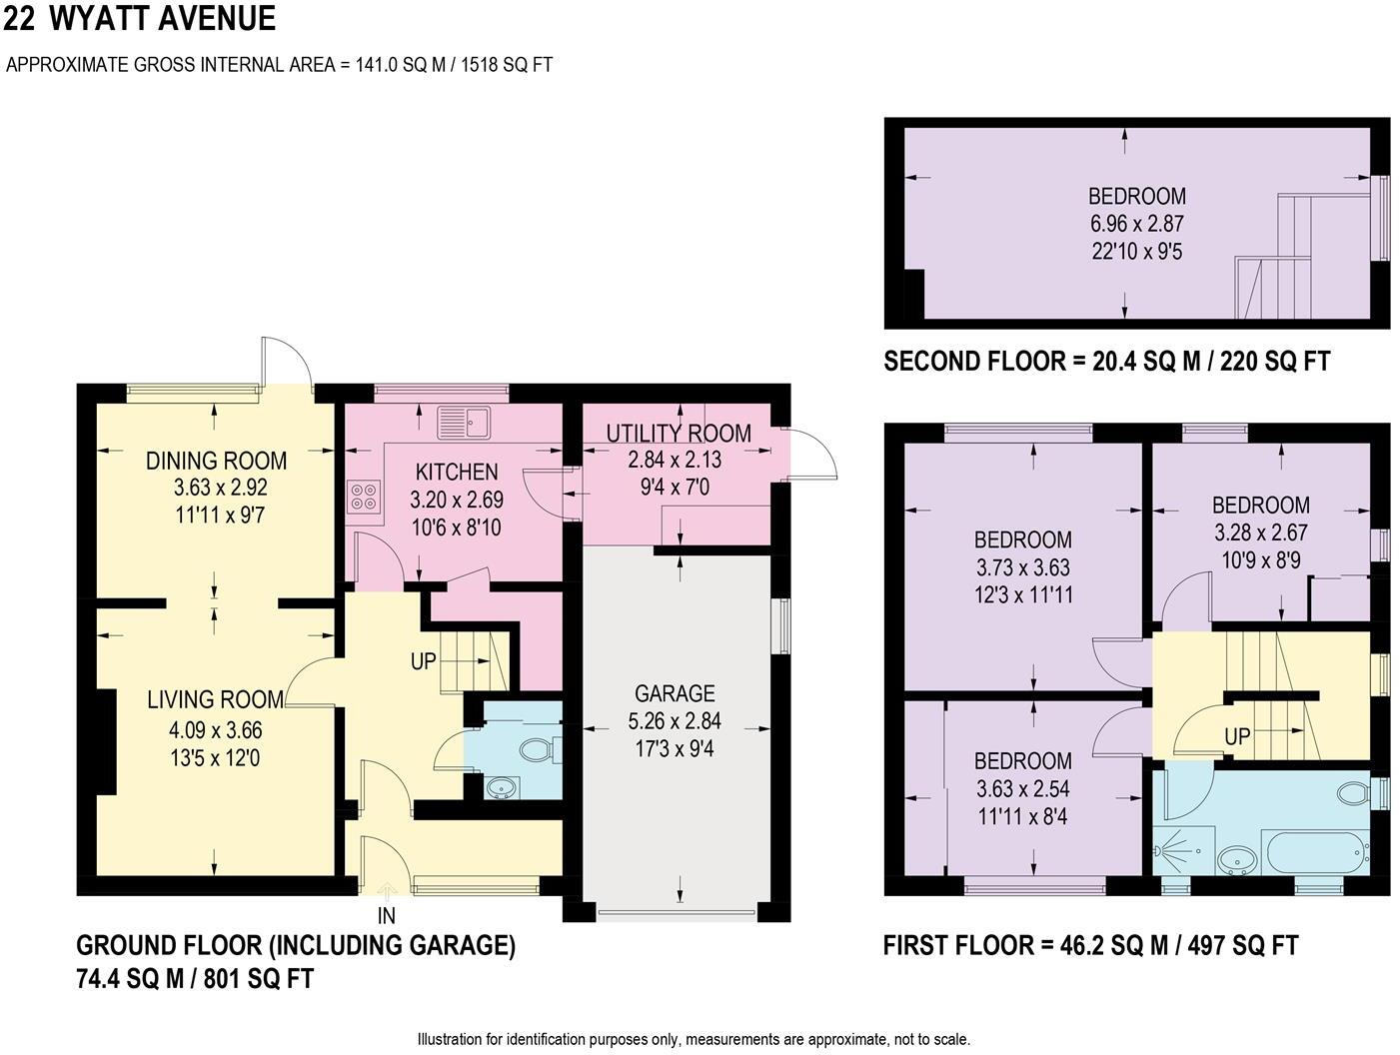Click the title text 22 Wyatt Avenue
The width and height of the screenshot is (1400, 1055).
pyautogui.click(x=140, y=19)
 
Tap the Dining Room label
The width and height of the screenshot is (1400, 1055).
pyautogui.click(x=216, y=461)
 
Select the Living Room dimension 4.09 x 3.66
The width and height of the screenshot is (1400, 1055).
pyautogui.click(x=216, y=731)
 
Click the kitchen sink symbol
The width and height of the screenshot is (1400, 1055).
pyautogui.click(x=464, y=423)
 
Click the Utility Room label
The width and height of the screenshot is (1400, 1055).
pyautogui.click(x=679, y=434)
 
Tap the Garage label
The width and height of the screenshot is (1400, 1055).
pyautogui.click(x=675, y=693)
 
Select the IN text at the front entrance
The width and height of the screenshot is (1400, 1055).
pyautogui.click(x=387, y=915)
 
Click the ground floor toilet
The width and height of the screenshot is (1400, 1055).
pyautogui.click(x=542, y=749)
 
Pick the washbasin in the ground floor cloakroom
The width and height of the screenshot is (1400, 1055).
pyautogui.click(x=501, y=788)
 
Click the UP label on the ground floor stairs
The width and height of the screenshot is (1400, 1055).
pyautogui.click(x=424, y=660)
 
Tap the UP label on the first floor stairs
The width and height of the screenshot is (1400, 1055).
pyautogui.click(x=1237, y=736)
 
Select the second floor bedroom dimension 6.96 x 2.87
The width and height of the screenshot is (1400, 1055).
pyautogui.click(x=1136, y=224)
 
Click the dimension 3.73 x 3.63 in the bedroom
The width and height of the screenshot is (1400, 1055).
pyautogui.click(x=1022, y=567)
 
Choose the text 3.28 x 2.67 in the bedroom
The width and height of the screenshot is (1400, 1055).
pyautogui.click(x=1260, y=532)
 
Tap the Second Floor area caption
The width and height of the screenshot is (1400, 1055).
pyautogui.click(x=1106, y=361)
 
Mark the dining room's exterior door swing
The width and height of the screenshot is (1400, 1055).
pyautogui.click(x=287, y=363)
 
